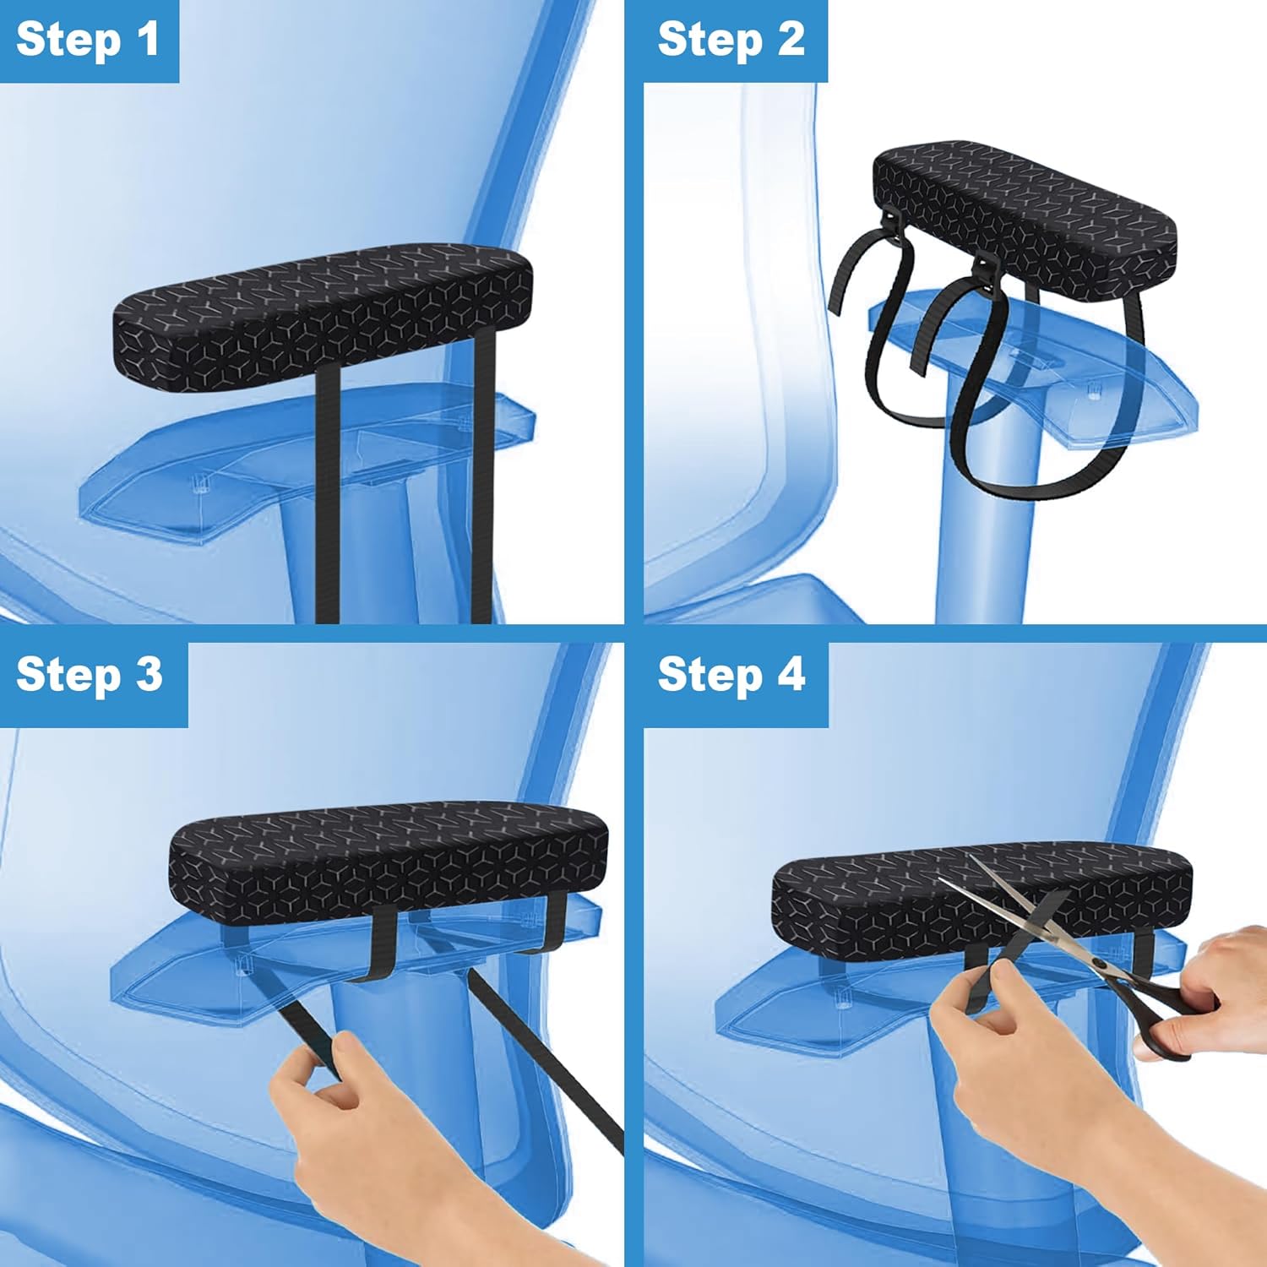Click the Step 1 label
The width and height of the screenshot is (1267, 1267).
[x=88, y=41]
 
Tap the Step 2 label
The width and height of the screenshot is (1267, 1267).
[x=731, y=41]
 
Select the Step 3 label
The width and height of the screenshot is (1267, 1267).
[x=90, y=675]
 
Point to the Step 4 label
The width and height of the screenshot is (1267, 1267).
[x=731, y=675]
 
